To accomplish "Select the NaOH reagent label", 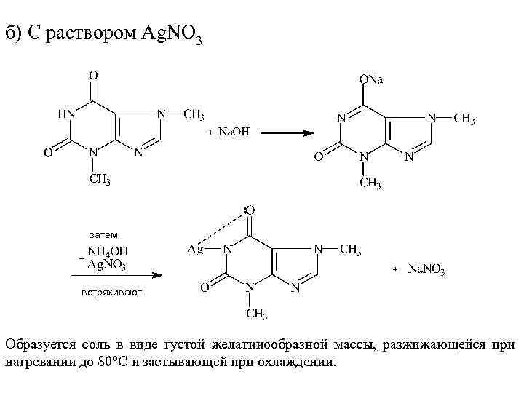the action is coord(234,132).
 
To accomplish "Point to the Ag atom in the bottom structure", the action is coord(195,249).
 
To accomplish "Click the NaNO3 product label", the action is coord(426,270).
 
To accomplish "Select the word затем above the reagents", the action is coord(103,234).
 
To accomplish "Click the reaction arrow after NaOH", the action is coord(287,132).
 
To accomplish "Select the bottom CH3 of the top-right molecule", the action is coord(370,183).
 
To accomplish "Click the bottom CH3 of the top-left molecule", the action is coord(100,178).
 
